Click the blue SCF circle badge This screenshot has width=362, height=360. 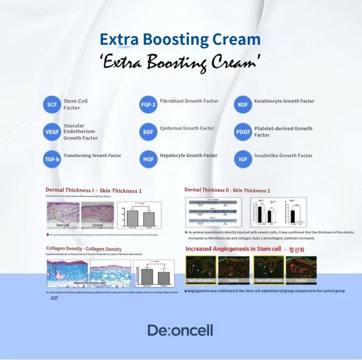coord(52,105)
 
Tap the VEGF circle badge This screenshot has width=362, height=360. coord(52,132)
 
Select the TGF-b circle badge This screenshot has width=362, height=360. coord(52,159)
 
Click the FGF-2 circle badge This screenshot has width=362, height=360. coord(148,105)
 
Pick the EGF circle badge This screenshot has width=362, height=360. coord(148,132)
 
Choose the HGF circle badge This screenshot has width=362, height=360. coord(148,159)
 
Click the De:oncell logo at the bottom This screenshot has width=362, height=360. coord(180,330)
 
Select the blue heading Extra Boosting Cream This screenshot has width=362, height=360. coord(180,39)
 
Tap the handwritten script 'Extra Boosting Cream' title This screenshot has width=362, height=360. coord(180,63)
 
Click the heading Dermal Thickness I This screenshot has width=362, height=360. coord(93,190)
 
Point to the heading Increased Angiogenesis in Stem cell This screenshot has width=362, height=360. coord(233,249)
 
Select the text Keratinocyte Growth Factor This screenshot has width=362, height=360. coord(284,101)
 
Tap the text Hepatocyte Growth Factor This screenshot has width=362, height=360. coord(188,155)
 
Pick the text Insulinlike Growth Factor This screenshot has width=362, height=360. coord(283,155)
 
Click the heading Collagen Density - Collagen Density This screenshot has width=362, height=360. coord(84,249)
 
